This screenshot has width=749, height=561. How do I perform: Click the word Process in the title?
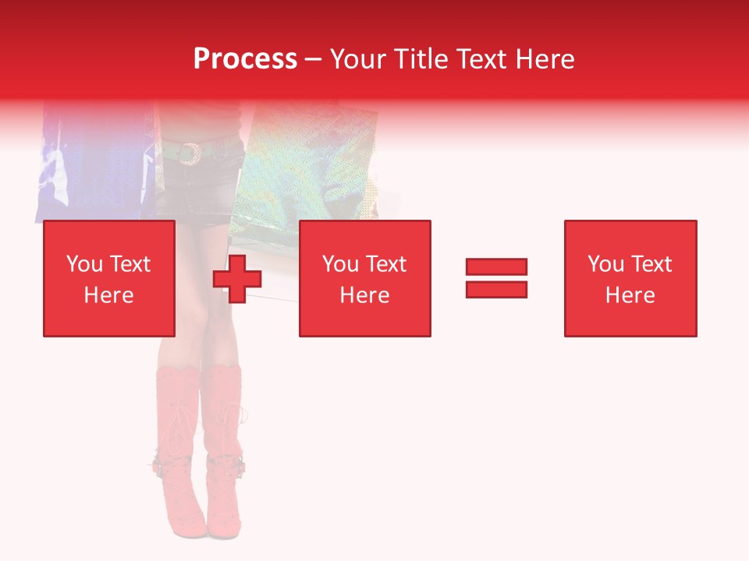coord(245,59)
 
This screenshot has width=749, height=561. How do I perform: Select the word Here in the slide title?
coord(543,59)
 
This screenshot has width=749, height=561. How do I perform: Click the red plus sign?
coord(237,279)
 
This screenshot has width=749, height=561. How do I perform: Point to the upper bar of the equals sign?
coord(496,266)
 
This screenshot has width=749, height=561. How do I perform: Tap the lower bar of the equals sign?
coord(496,289)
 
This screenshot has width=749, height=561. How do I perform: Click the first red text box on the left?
coord(108,278)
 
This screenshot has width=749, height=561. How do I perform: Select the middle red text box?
coord(364,278)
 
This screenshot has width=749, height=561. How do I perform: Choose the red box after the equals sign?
coord(630,278)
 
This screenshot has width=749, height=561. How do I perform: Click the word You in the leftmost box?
coord(83,264)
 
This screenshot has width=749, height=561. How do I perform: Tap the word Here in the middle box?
coord(364,295)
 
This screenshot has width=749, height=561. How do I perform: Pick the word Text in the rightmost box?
coord(651,264)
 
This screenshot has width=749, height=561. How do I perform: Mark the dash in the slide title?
coord(313,59)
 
